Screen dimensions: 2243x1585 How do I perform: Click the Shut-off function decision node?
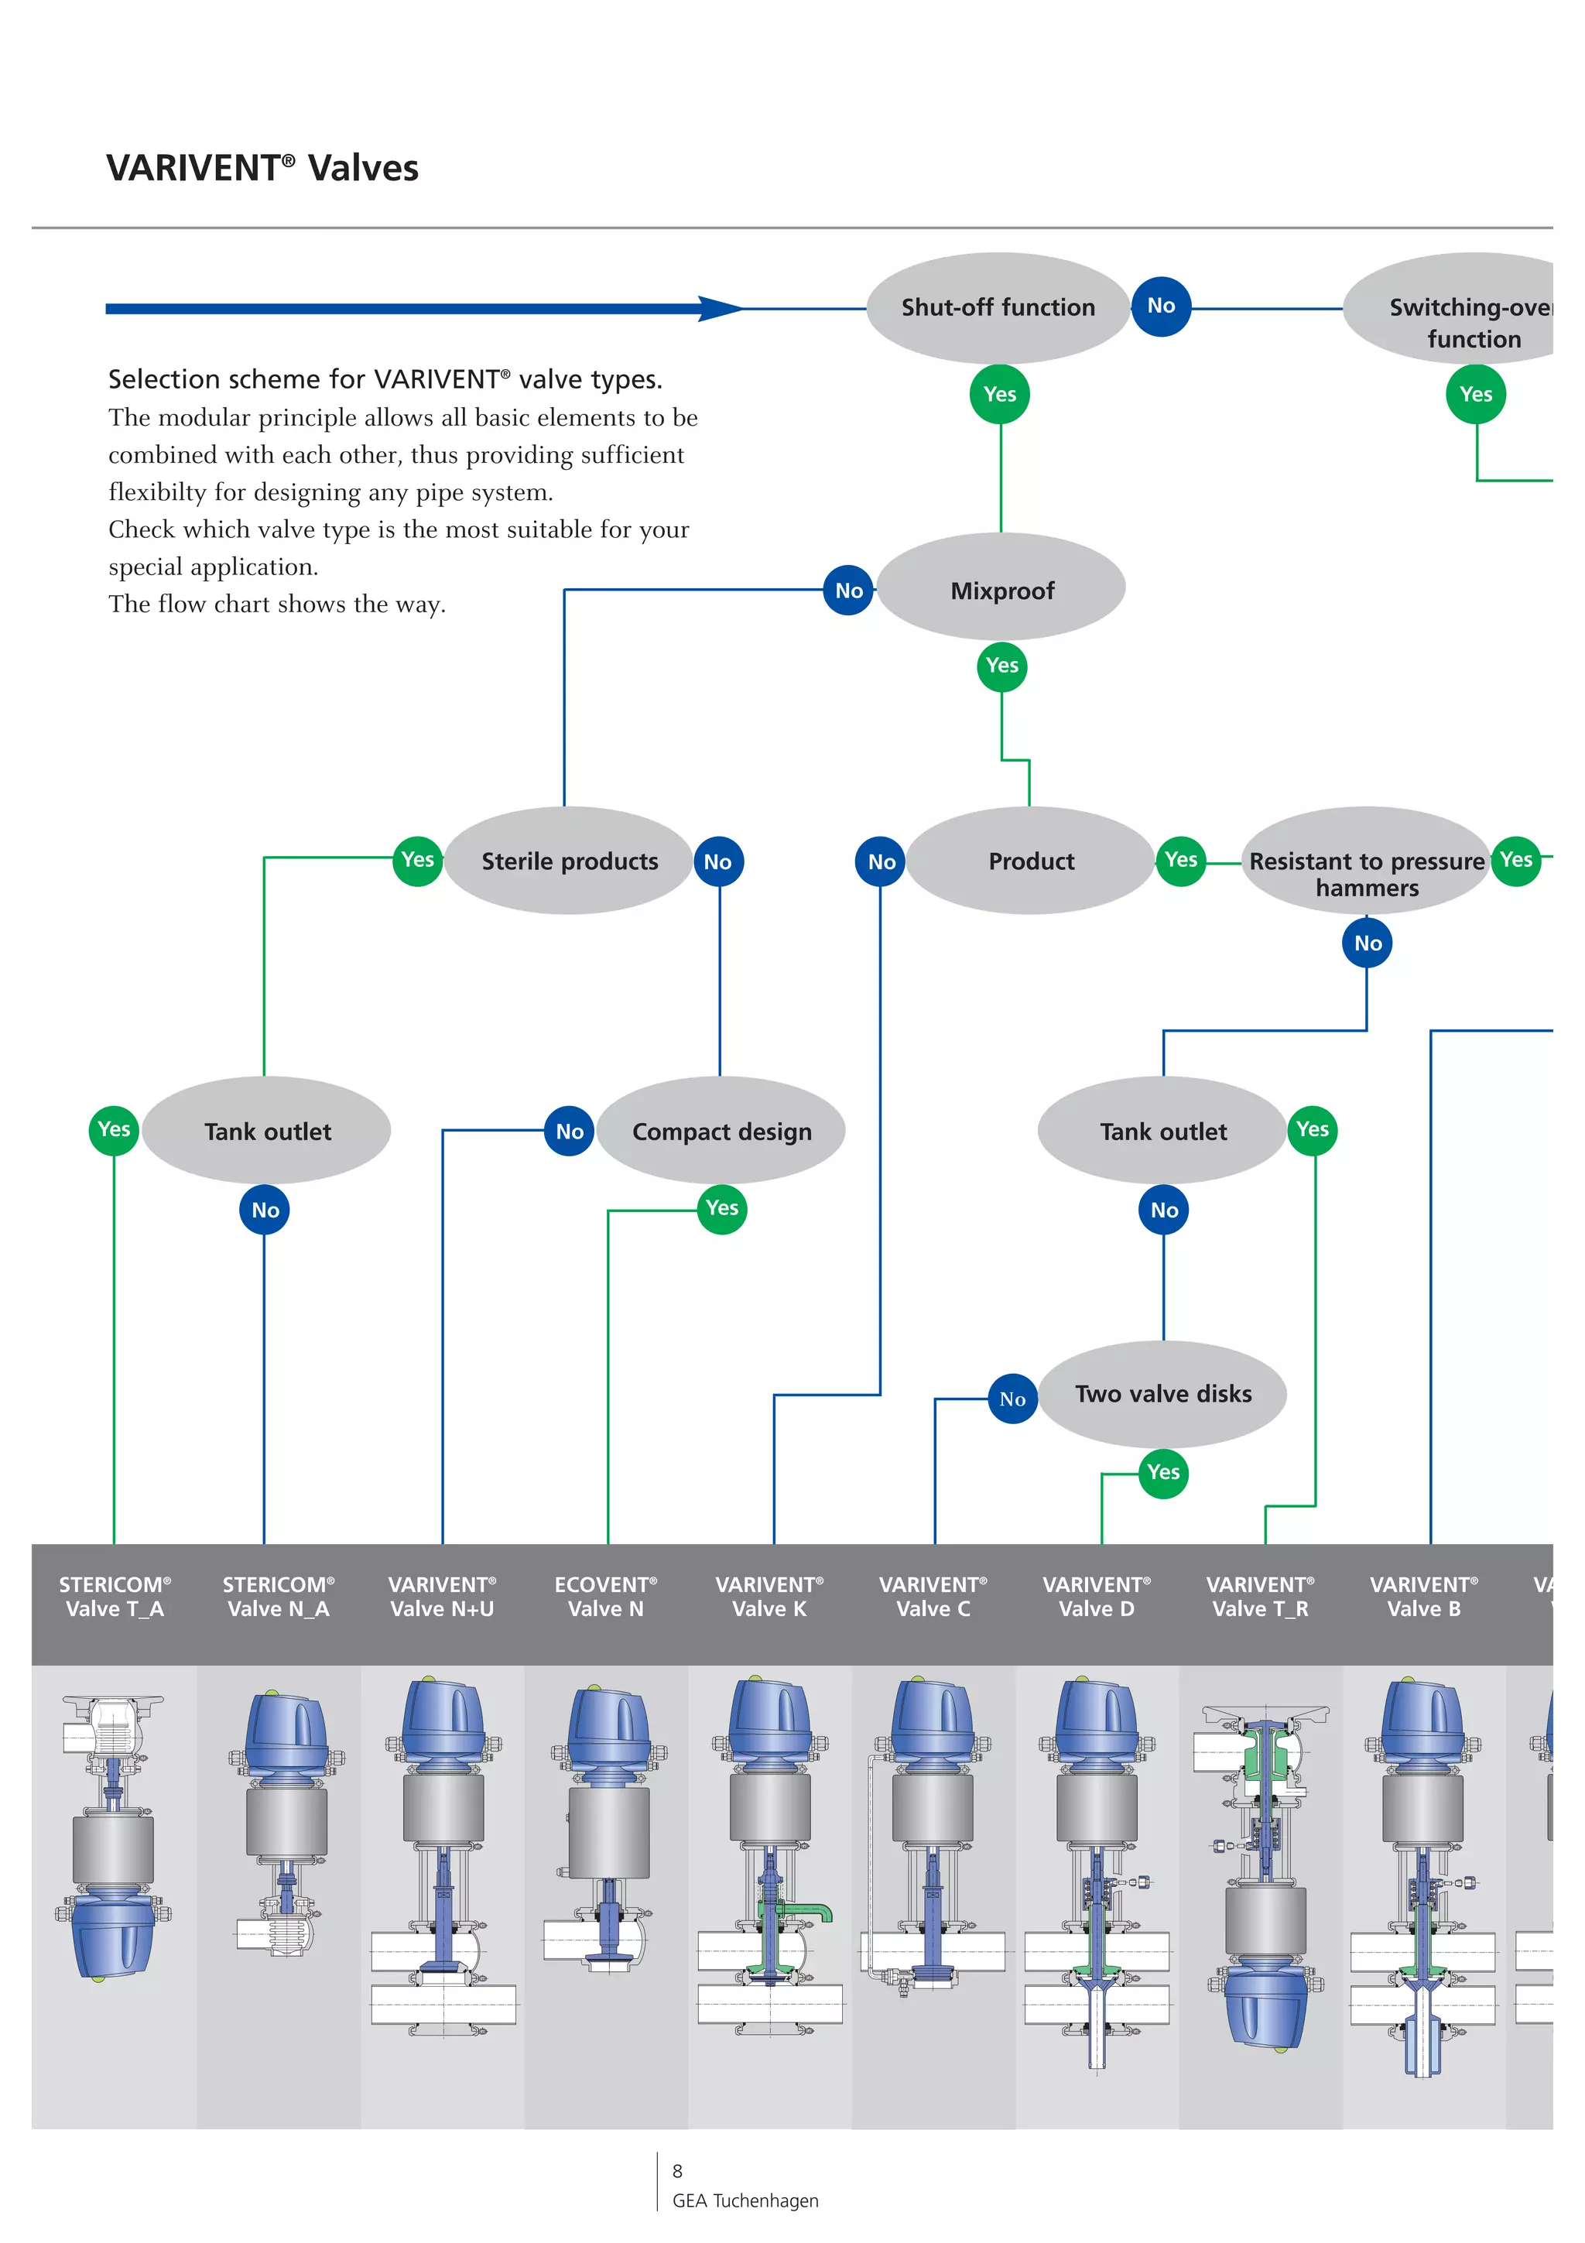coord(997,308)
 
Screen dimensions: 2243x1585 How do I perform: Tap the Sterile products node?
coord(570,861)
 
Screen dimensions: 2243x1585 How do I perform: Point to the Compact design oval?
coord(721,1132)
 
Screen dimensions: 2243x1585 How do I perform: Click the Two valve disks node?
coord(1162,1394)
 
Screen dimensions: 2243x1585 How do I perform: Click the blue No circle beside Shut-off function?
coord(1160,306)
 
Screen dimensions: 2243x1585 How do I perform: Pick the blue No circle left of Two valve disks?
coord(1012,1399)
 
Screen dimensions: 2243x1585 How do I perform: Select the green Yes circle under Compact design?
coord(722,1208)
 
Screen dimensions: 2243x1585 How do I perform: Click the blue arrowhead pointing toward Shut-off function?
coord(720,309)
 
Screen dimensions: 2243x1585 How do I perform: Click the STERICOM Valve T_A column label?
coord(115,1596)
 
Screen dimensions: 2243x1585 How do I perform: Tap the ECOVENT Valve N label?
coord(605,1596)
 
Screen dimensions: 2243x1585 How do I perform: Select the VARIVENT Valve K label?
coord(769,1596)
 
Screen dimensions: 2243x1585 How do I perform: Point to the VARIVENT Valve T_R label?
coord(1260,1596)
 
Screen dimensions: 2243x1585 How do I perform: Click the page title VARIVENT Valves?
coord(262,168)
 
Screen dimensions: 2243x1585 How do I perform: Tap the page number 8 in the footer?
coord(676,2171)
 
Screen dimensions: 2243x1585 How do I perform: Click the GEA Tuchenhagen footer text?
coord(745,2201)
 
